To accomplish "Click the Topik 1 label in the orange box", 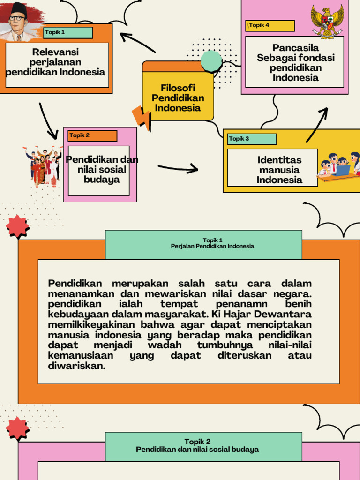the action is [68, 32].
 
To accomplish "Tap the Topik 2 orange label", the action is [92, 136].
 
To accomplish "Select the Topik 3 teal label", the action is [252, 139].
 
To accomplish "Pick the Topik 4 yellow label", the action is [270, 25].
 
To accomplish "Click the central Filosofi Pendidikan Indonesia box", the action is [178, 97].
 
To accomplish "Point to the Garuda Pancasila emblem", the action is [327, 21].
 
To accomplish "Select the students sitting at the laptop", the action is [339, 166].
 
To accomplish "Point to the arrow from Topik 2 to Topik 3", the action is [178, 168].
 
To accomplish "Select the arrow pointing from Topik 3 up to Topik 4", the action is [317, 124].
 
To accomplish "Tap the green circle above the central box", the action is [211, 61].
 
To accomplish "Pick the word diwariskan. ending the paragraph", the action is [77, 366].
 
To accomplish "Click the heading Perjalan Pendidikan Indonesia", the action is [212, 246].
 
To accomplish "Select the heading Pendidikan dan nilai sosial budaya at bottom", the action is [197, 450].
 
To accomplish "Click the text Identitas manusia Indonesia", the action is [279, 170].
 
